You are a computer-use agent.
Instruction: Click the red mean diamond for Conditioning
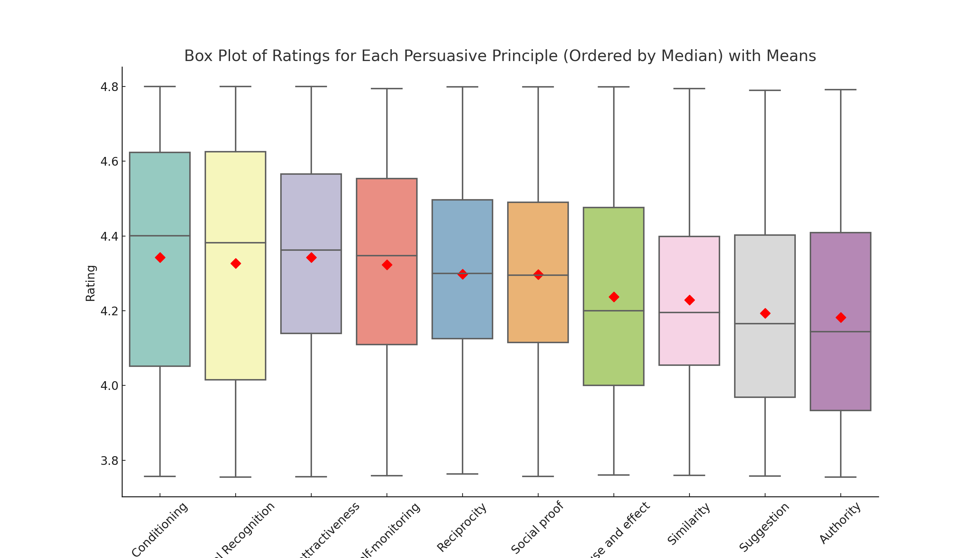(x=160, y=257)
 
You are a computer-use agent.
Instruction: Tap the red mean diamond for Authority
(x=841, y=317)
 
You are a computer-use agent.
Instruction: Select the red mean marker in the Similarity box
(x=689, y=300)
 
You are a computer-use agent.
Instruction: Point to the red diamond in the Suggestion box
(x=765, y=314)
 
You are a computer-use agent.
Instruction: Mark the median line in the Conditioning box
(x=176, y=236)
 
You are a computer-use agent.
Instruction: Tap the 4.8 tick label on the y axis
(x=109, y=87)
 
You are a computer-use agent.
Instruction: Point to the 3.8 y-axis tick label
(x=109, y=461)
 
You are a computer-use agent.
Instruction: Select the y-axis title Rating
(x=90, y=283)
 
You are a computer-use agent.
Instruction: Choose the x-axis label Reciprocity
(x=462, y=527)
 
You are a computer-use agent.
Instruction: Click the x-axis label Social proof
(x=537, y=527)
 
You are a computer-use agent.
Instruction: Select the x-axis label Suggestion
(x=764, y=527)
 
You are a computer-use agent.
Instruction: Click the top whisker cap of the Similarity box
(x=689, y=89)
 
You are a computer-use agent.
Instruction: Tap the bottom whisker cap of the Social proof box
(x=538, y=476)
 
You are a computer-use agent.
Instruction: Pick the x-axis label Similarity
(x=689, y=523)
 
